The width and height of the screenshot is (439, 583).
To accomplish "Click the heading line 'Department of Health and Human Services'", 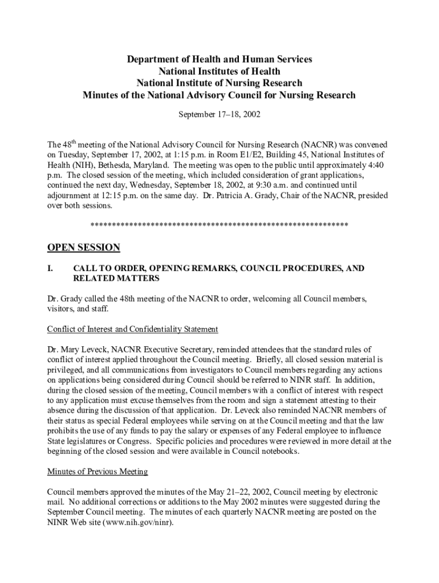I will (219, 59).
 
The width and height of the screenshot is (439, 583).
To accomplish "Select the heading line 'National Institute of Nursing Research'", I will (219, 83).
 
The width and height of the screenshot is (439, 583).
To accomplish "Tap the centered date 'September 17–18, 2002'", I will (219, 114).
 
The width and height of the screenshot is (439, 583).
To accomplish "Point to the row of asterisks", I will (219, 226).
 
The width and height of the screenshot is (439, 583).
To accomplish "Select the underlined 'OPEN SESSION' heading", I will (83, 248).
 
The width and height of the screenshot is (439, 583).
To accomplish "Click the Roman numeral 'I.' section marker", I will (50, 268).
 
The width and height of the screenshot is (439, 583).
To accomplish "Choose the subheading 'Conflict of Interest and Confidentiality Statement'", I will (132, 329).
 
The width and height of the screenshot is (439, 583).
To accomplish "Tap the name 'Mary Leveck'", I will (79, 349).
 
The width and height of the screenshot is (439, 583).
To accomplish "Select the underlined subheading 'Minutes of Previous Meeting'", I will (97, 471).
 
